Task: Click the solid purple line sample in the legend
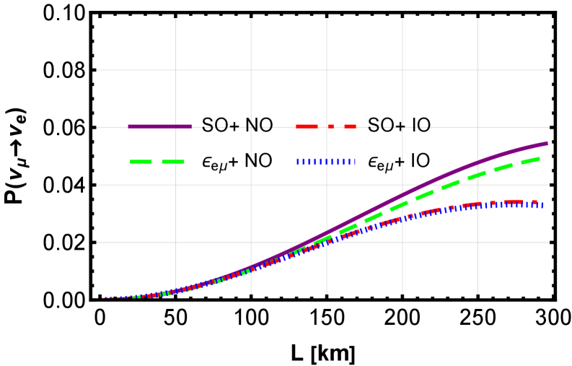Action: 160,126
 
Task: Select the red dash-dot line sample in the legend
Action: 326,126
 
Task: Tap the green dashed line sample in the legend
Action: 157,162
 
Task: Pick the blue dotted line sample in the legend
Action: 326,162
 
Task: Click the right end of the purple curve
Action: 547,143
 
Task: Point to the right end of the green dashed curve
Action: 539,158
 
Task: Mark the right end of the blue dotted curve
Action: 542,205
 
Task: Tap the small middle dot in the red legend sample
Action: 330,126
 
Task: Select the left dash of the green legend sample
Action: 141,162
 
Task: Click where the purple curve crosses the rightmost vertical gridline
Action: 478,162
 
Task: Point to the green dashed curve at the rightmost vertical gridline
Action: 478,175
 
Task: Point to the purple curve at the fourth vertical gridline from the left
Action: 402,196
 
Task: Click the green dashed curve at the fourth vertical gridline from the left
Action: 402,205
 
